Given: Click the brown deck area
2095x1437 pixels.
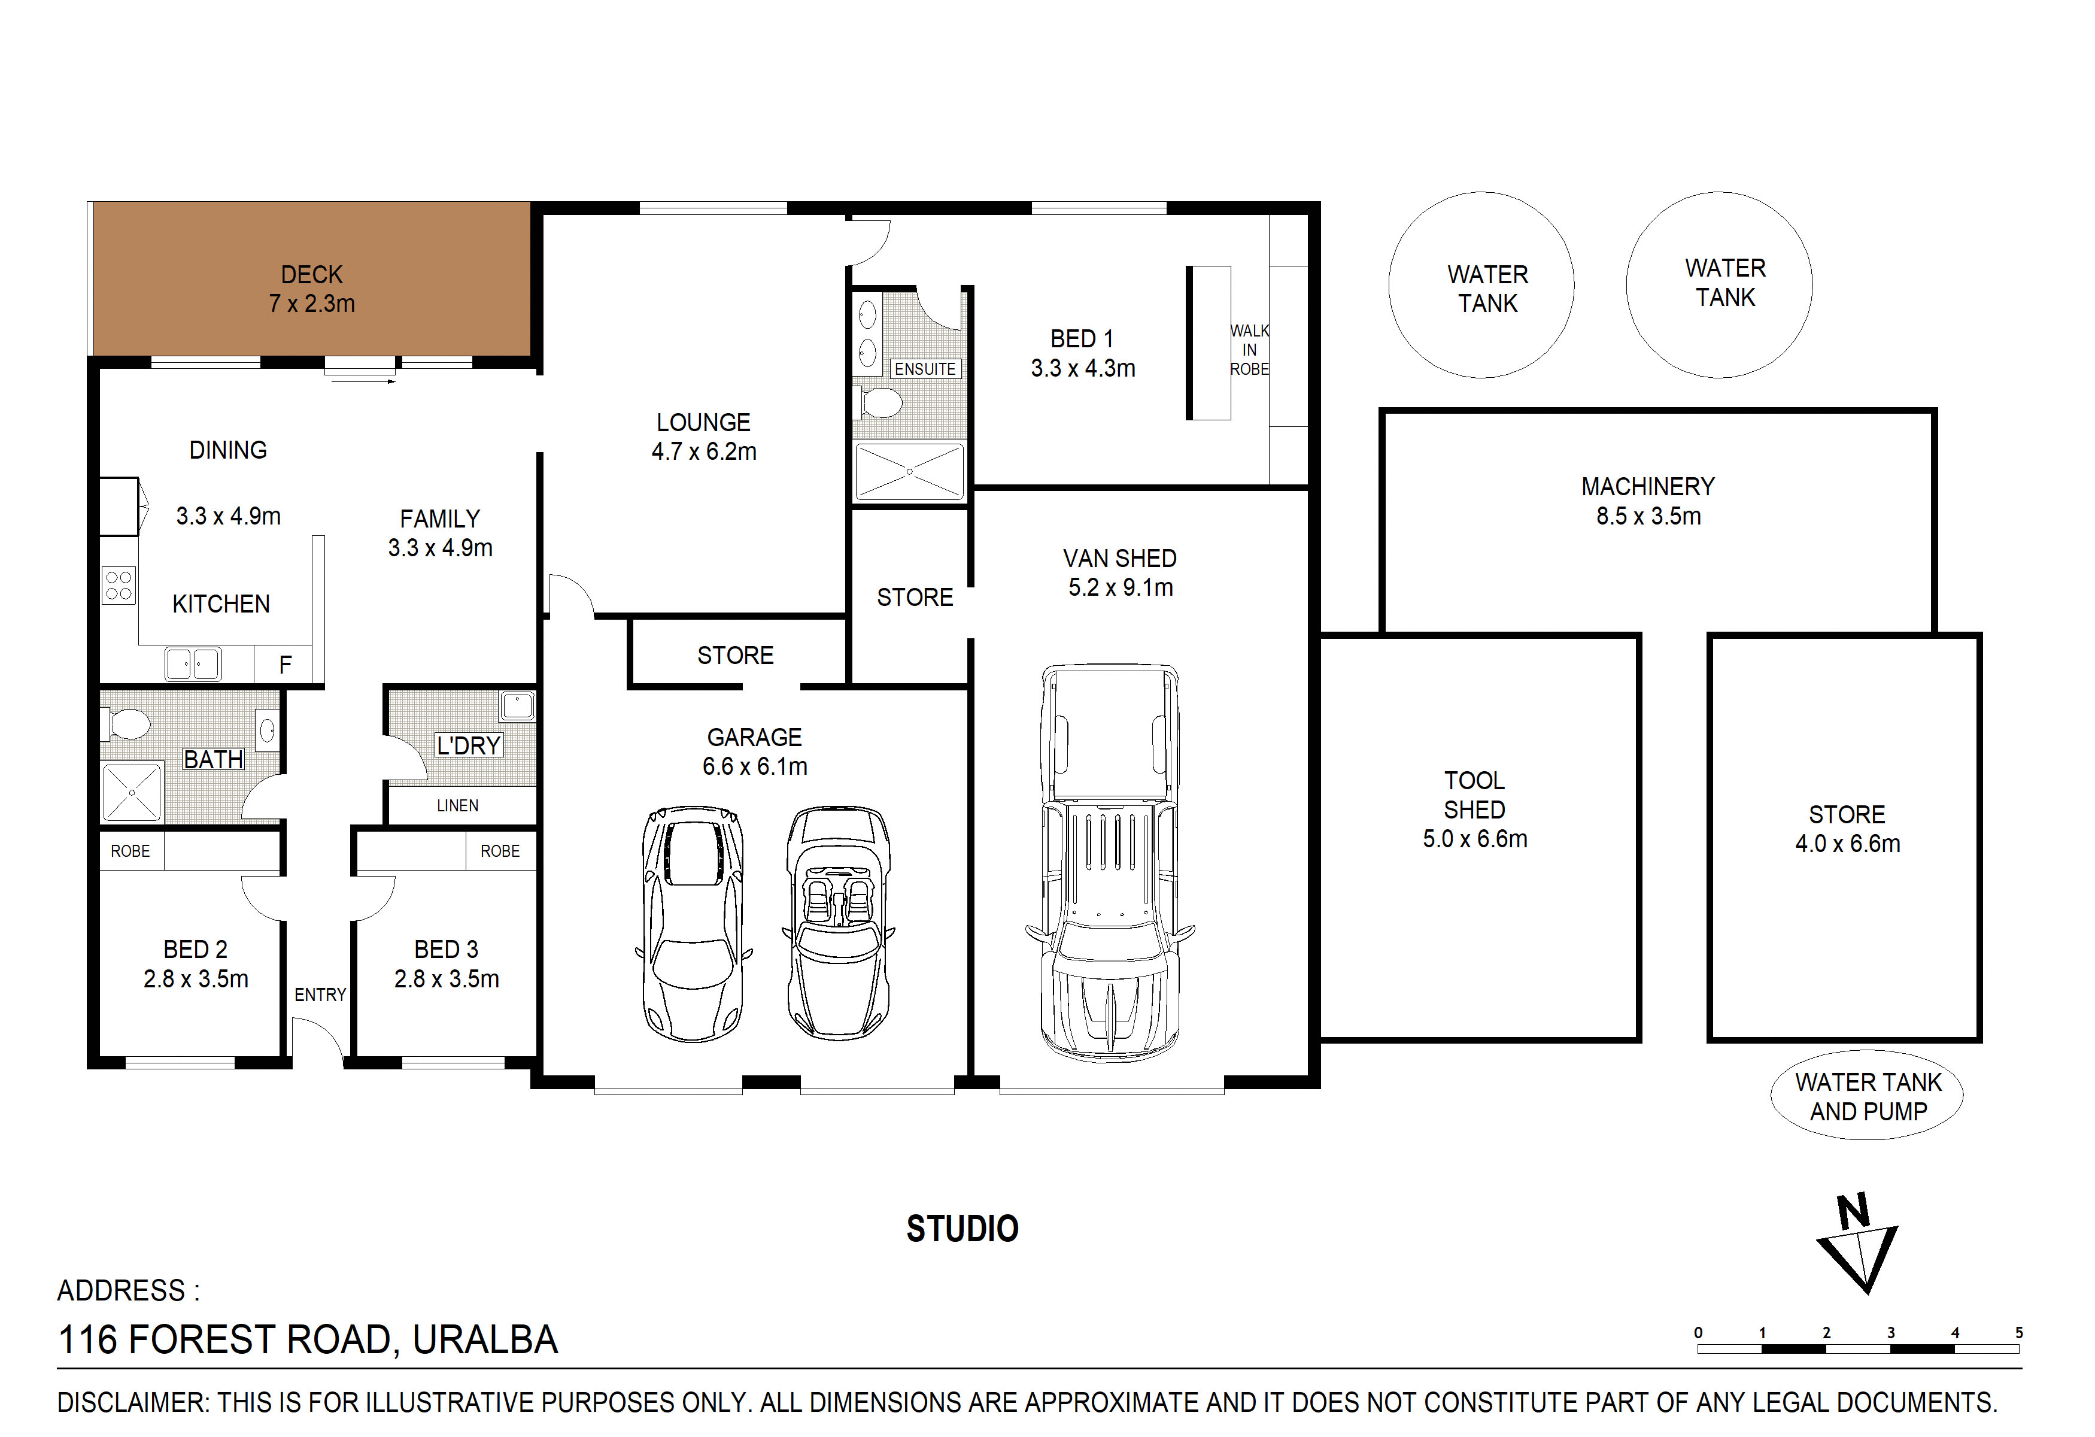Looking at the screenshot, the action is [x=312, y=278].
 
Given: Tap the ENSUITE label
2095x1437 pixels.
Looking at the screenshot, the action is [x=925, y=369].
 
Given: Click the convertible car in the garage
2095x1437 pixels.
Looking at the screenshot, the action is [x=839, y=923].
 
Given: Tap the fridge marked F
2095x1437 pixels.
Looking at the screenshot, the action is [x=285, y=665].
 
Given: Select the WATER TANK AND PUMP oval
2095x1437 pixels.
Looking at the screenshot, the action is [x=1867, y=1095].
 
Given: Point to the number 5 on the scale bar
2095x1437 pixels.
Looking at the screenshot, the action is [x=2019, y=1332].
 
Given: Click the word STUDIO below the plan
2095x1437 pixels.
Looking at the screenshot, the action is [x=963, y=1229].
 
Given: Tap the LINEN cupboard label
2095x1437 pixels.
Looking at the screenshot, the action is [x=458, y=805].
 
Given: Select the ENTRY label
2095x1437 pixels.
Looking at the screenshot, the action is [x=320, y=995].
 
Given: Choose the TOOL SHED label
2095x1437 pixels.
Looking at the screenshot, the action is [x=1475, y=795].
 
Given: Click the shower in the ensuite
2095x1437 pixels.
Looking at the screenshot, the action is [x=910, y=471].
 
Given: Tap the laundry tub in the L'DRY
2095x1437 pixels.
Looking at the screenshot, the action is [x=517, y=705].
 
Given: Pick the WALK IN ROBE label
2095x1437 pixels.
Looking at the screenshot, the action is [x=1249, y=350].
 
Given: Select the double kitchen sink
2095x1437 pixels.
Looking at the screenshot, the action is [x=193, y=665].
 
